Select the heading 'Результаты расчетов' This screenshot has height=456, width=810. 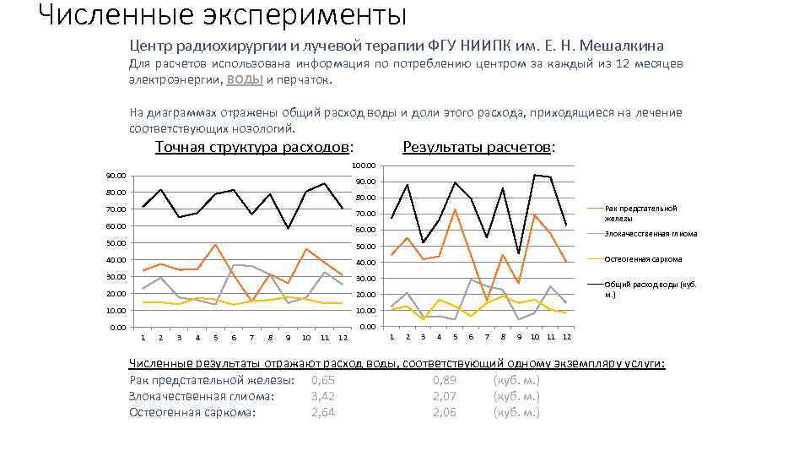478,147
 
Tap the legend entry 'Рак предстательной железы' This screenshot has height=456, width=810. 641,213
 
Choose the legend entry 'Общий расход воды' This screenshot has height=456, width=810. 650,289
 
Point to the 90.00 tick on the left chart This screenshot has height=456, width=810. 116,176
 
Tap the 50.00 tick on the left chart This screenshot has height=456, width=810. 116,243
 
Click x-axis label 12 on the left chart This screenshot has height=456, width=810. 343,338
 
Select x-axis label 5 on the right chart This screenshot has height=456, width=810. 455,337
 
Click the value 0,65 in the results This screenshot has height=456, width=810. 323,380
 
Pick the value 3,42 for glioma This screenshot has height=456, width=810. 323,396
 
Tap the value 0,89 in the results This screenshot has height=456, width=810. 445,380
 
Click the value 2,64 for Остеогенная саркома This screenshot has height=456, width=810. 323,412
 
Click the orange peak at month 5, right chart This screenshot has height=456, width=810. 455,209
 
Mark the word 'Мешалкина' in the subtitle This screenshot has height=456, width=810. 622,46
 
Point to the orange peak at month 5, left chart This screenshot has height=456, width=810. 215,245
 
